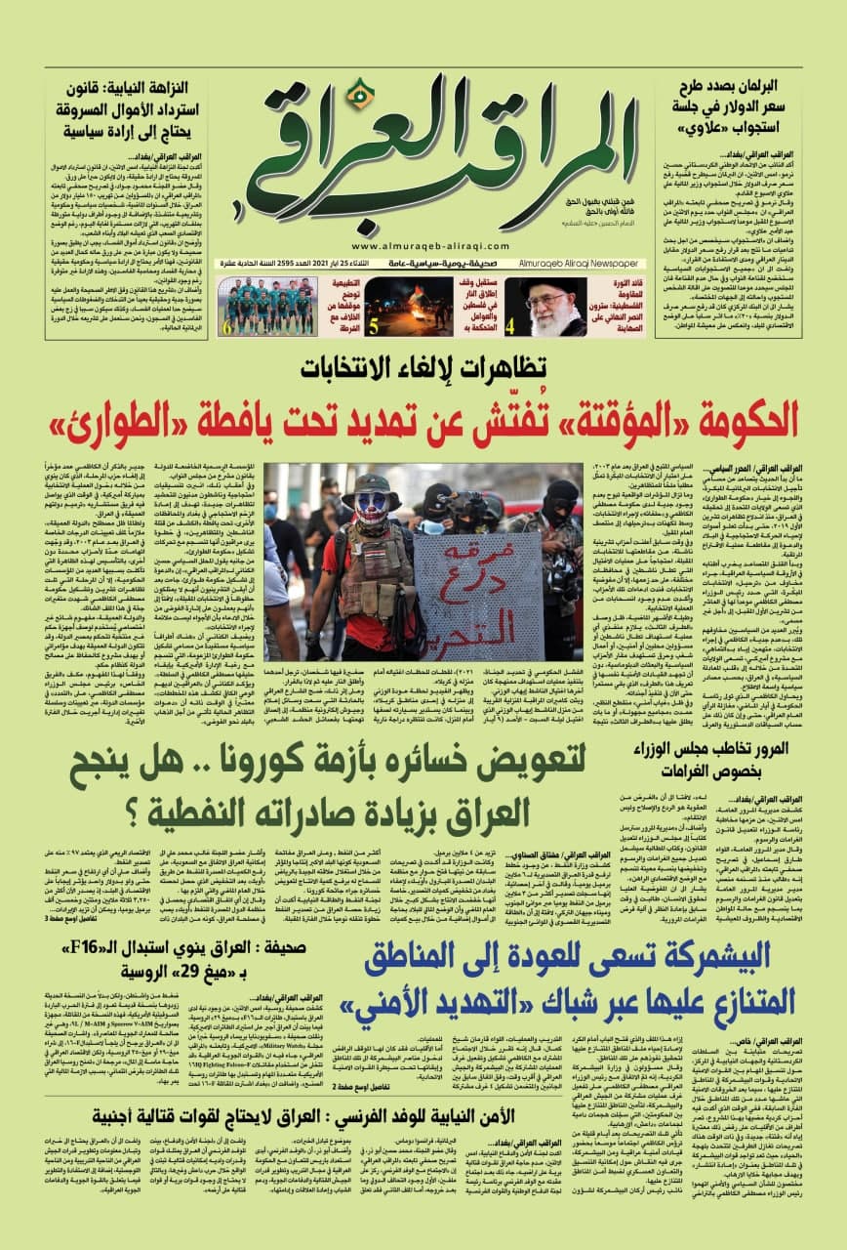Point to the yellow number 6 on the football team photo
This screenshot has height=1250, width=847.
(x=227, y=326)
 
